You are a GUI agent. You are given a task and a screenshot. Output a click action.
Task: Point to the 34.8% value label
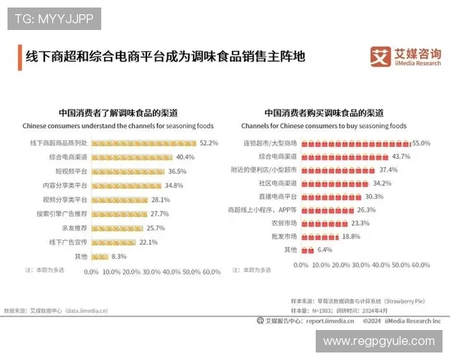point(174,185)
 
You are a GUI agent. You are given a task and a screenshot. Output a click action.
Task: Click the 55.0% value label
point(421,142)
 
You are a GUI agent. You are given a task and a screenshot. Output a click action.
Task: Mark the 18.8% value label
point(351,236)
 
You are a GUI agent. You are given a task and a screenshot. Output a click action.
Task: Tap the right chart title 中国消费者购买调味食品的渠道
point(323,113)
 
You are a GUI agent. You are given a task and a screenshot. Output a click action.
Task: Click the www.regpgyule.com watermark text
point(379,341)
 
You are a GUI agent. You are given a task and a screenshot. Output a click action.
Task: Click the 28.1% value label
point(160,199)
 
